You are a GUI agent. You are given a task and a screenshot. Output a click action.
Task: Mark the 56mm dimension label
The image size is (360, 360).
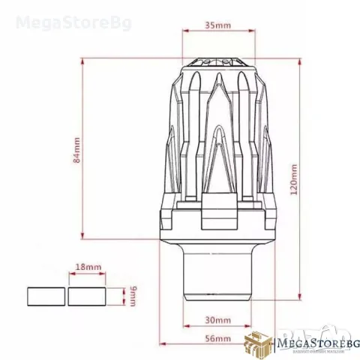(x=217, y=338)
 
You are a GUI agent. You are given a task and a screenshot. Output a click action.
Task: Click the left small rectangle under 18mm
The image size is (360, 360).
(x=46, y=296)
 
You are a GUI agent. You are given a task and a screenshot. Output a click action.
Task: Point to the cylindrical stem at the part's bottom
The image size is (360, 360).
(x=217, y=277)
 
